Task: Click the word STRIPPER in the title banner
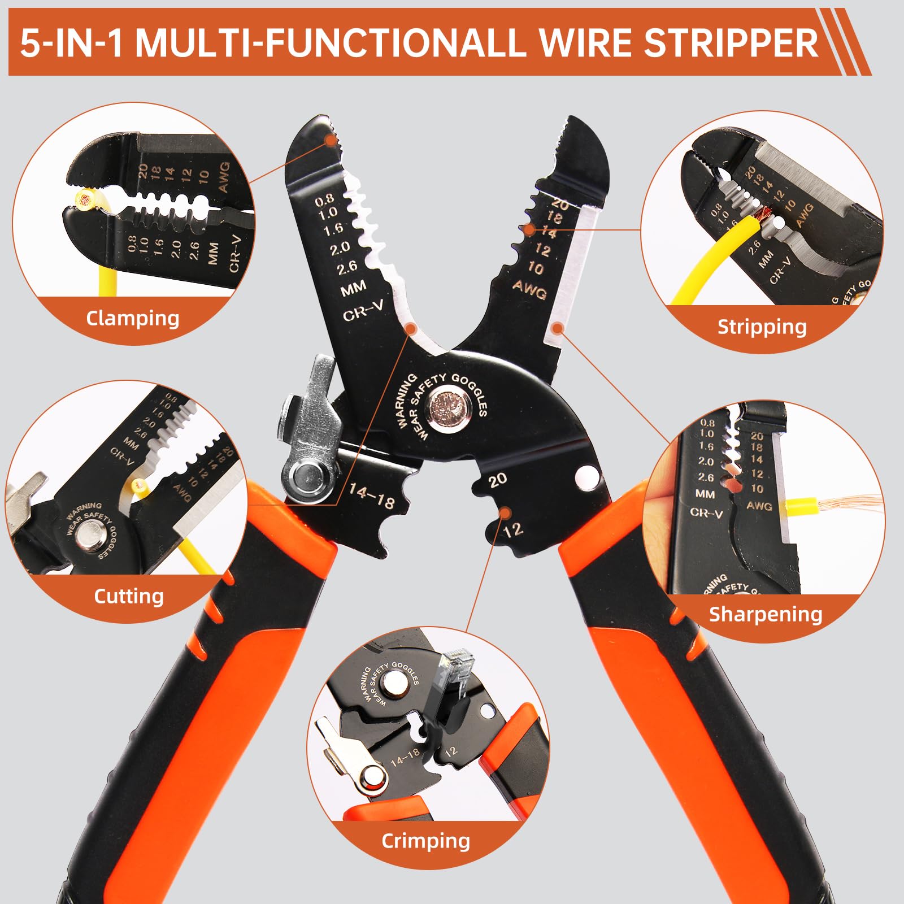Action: click(x=731, y=43)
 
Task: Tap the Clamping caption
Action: click(x=132, y=319)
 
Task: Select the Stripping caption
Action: click(x=762, y=327)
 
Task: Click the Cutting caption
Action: click(x=129, y=596)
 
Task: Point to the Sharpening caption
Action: click(x=765, y=614)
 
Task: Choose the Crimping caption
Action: click(x=425, y=841)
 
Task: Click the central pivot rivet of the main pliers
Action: click(x=450, y=405)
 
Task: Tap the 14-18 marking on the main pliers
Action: click(x=371, y=496)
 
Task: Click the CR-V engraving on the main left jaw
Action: click(x=363, y=310)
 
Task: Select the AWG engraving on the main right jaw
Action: click(x=529, y=289)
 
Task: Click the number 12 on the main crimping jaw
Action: click(x=513, y=529)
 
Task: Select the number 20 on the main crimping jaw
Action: click(x=497, y=480)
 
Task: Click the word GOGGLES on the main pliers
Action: click(x=469, y=394)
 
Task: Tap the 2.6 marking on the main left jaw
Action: click(x=347, y=267)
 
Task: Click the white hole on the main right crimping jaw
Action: click(x=588, y=476)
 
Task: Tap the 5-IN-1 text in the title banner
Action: click(x=71, y=43)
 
